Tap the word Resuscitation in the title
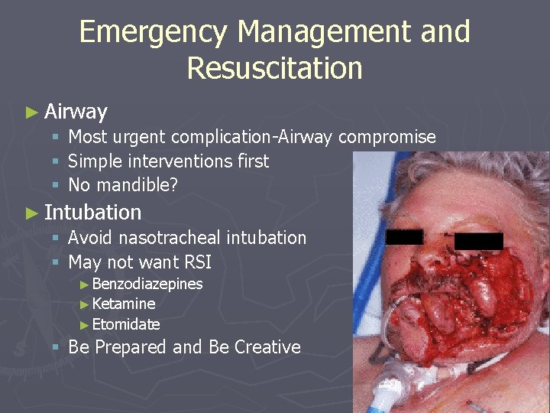pyautogui.click(x=274, y=68)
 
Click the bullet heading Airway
pyautogui.click(x=76, y=112)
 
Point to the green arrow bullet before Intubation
pyautogui.click(x=31, y=213)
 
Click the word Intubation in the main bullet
pyautogui.click(x=92, y=212)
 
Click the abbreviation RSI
pyautogui.click(x=197, y=262)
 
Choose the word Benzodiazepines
pyautogui.click(x=147, y=284)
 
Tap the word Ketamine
pyautogui.click(x=124, y=304)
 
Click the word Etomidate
pyautogui.click(x=126, y=324)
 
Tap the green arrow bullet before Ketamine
pyautogui.click(x=84, y=304)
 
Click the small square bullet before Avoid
pyautogui.click(x=56, y=239)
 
